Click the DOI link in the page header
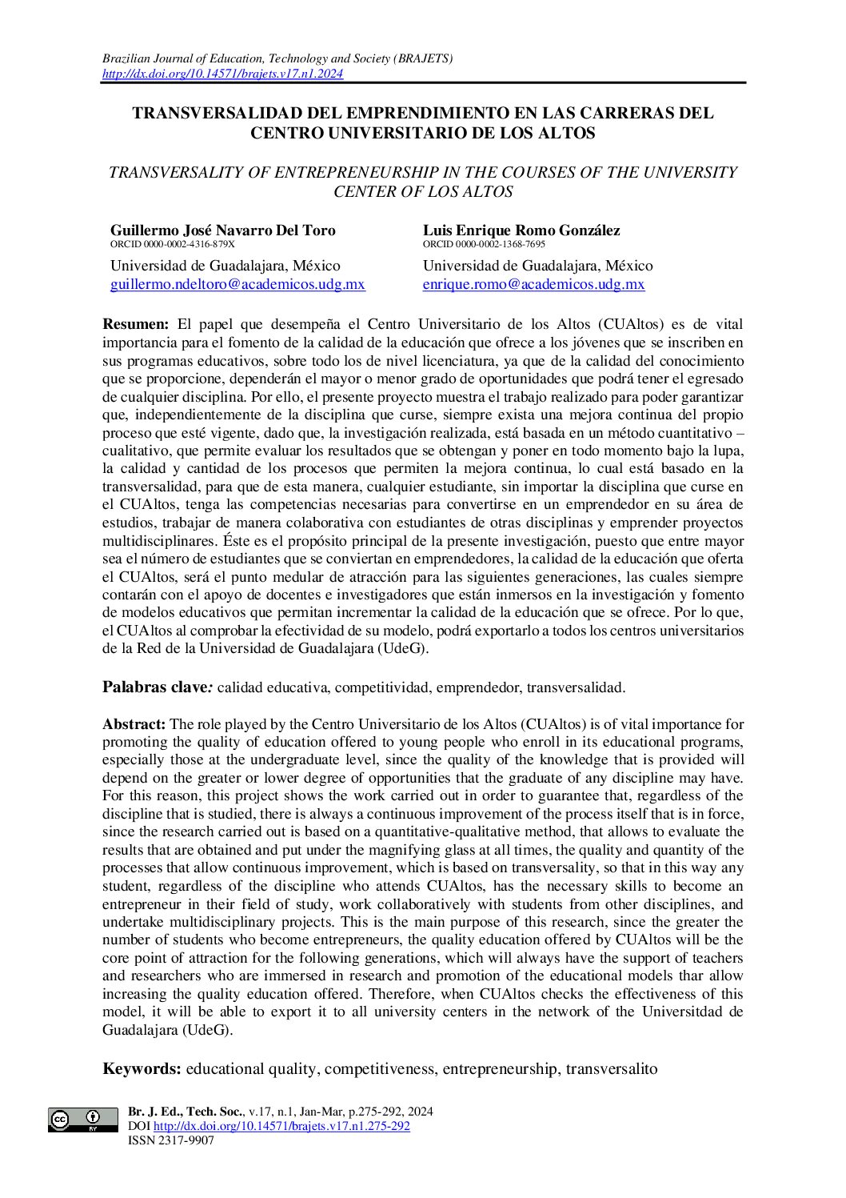223,74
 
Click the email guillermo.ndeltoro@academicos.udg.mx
237,284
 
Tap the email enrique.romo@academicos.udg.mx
533,284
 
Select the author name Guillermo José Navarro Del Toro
223,230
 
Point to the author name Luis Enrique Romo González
521,230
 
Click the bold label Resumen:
136,324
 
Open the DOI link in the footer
281,1126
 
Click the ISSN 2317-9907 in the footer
171,1140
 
